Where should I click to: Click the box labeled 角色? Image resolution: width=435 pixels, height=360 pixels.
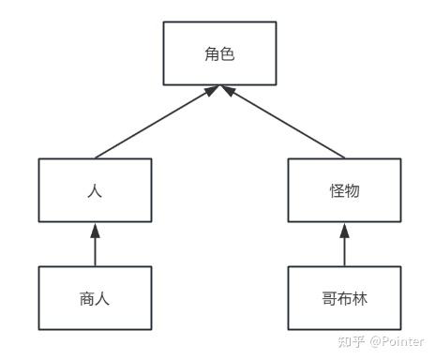pyautogui.click(x=219, y=54)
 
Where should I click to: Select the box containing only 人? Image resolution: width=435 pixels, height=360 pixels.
pyautogui.click(x=95, y=190)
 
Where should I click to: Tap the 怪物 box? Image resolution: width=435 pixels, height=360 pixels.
pyautogui.click(x=344, y=190)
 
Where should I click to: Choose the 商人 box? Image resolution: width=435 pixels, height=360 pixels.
pyautogui.click(x=95, y=298)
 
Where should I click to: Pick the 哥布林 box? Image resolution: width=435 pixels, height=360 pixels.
pyautogui.click(x=344, y=298)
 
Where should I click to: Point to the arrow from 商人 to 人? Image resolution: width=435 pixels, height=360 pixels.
pyautogui.click(x=95, y=246)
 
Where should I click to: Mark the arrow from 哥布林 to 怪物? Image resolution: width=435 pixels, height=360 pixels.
pyautogui.click(x=344, y=246)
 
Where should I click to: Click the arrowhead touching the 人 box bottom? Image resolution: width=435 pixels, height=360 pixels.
pyautogui.click(x=95, y=230)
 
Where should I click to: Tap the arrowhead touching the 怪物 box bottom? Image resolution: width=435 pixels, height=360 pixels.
pyautogui.click(x=344, y=230)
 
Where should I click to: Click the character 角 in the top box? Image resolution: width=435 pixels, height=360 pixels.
pyautogui.click(x=212, y=54)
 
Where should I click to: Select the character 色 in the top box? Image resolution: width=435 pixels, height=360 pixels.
pyautogui.click(x=227, y=54)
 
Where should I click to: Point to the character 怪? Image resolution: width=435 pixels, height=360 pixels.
pyautogui.click(x=337, y=190)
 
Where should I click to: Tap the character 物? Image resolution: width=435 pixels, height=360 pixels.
pyautogui.click(x=352, y=190)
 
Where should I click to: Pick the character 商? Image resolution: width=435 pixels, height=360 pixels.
pyautogui.click(x=87, y=298)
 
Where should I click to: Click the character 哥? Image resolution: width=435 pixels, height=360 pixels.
pyautogui.click(x=329, y=298)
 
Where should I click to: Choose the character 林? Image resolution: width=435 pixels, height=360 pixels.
pyautogui.click(x=359, y=298)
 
